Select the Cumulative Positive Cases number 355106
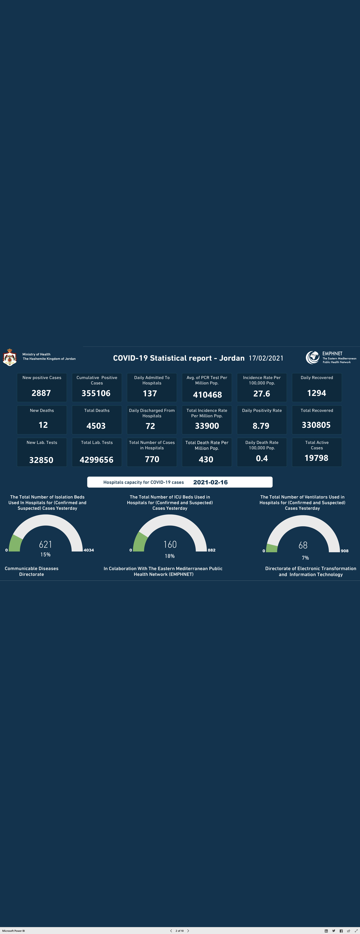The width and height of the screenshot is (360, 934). pos(96,393)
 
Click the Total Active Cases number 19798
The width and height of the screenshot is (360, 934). pos(316,458)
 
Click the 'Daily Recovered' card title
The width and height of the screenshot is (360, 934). pos(317,377)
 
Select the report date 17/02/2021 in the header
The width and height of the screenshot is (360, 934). pos(266,358)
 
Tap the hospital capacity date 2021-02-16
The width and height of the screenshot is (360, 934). pos(211,482)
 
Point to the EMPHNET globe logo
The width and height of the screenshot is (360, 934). pos(312,357)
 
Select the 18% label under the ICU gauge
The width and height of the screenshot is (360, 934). pos(170,556)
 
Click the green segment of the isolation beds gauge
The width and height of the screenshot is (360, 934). pos(15,544)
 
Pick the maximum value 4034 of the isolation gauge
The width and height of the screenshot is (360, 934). pos(89,550)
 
